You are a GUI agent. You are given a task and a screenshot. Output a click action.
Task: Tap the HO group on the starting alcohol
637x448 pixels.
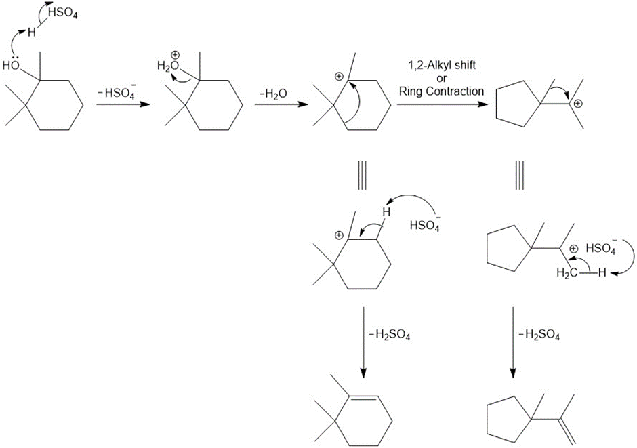[11, 66]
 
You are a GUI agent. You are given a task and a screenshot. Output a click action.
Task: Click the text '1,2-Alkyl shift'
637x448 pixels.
[440, 66]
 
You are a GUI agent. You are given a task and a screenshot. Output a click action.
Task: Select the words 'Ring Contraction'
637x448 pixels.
[440, 91]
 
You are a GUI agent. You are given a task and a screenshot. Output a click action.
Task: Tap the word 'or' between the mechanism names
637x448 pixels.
[440, 79]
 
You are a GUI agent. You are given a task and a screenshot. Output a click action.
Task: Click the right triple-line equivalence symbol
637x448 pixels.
[519, 178]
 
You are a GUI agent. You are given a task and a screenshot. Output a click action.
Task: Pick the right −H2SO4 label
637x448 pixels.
[539, 334]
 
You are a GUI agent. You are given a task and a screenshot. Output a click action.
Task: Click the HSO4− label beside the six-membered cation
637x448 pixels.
[425, 225]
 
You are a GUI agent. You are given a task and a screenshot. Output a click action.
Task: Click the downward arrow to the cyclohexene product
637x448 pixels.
[364, 342]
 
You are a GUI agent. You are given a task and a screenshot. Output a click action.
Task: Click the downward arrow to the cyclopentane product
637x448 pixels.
[513, 342]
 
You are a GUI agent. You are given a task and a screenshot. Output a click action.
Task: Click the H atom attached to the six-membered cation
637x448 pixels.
[386, 212]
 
